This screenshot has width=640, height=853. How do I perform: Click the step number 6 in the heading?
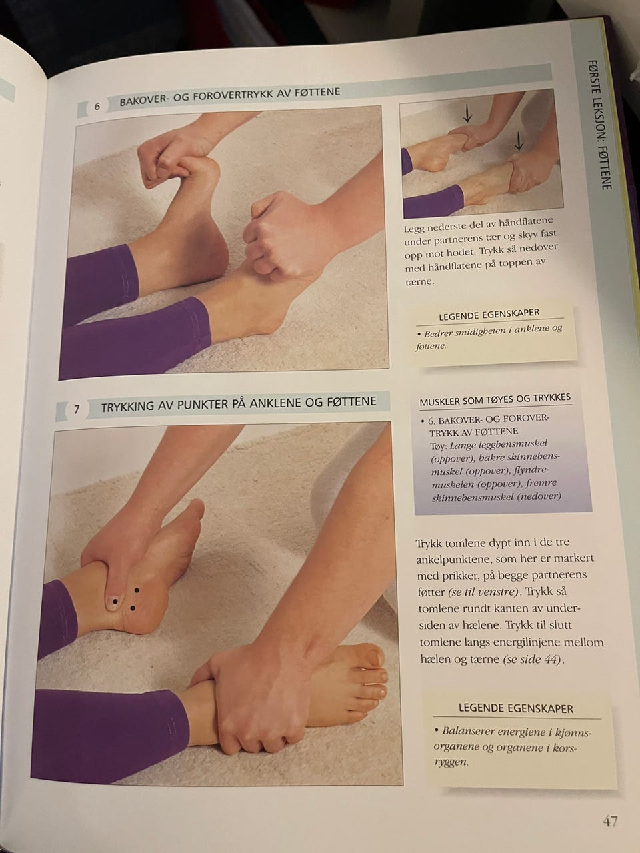pyautogui.click(x=97, y=106)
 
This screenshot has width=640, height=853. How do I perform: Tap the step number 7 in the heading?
pyautogui.click(x=77, y=409)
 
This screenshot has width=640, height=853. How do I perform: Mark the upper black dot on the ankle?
pyautogui.click(x=137, y=590)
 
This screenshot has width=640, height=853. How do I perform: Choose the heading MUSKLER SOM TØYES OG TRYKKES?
pyautogui.click(x=495, y=399)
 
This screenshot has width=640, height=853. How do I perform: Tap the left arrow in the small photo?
pyautogui.click(x=467, y=113)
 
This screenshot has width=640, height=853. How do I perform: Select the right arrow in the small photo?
pyautogui.click(x=519, y=141)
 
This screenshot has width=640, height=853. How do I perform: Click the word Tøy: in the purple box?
pyautogui.click(x=438, y=445)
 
